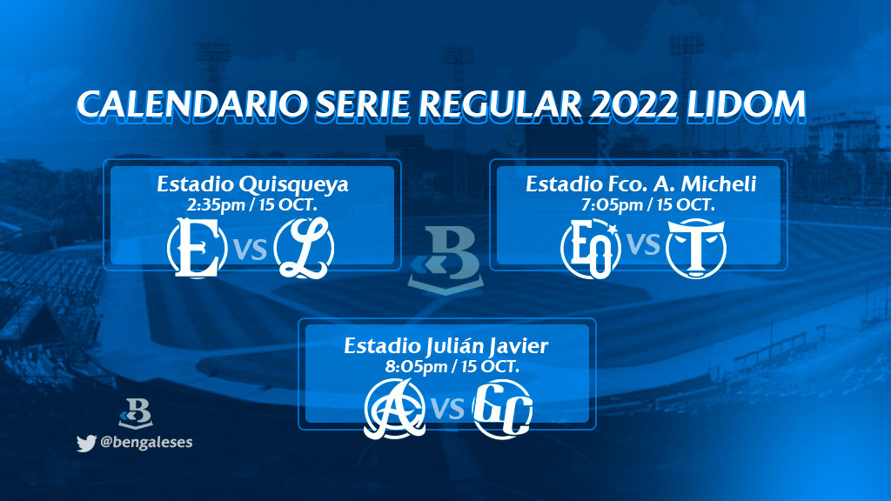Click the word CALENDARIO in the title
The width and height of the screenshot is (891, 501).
(191, 105)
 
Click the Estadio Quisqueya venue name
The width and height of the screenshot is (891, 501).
(252, 184)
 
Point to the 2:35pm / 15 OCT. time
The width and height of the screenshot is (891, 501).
(251, 204)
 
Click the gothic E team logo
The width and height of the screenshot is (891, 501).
(198, 248)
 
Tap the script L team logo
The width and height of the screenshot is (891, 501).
(304, 248)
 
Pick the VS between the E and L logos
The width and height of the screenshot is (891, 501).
(250, 250)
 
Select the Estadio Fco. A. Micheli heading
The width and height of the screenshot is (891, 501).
(641, 184)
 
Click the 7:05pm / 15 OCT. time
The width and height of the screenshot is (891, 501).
(647, 204)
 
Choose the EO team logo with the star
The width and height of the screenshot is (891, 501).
(591, 248)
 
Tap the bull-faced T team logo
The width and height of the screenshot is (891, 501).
(696, 248)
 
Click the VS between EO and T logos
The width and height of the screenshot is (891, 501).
(643, 244)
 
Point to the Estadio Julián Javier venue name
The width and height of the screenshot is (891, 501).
(446, 346)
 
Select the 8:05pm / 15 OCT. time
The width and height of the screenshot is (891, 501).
(452, 366)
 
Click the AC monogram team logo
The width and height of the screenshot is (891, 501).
(395, 409)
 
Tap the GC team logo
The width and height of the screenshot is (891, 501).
(502, 409)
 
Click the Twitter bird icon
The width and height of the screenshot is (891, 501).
(86, 443)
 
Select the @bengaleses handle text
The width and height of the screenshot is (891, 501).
(146, 442)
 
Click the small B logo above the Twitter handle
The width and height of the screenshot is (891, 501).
(136, 413)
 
